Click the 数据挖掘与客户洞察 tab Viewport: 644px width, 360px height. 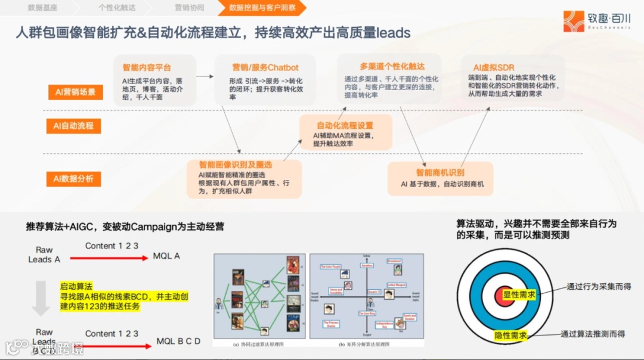pos(261,8)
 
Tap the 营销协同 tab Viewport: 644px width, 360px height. pos(189,8)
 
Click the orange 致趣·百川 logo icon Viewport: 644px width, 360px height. pos(574,21)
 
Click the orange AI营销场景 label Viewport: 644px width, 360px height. pos(75,92)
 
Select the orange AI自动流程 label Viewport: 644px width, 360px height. pos(73,126)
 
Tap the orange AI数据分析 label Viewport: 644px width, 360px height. pos(73,178)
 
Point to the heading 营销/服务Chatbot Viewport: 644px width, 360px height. pos(265,67)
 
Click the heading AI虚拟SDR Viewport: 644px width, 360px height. pos(494,67)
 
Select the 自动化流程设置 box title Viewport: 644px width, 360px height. pos(345,125)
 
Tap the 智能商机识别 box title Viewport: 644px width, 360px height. pos(440,172)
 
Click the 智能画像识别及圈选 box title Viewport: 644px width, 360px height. pos(236,164)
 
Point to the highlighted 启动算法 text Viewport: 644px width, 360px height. pos(76,286)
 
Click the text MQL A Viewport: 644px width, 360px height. pos(166,256)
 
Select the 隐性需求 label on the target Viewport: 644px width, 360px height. pos(511,336)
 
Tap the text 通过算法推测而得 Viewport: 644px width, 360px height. pos(593,334)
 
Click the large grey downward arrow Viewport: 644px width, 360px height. pos(41,299)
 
